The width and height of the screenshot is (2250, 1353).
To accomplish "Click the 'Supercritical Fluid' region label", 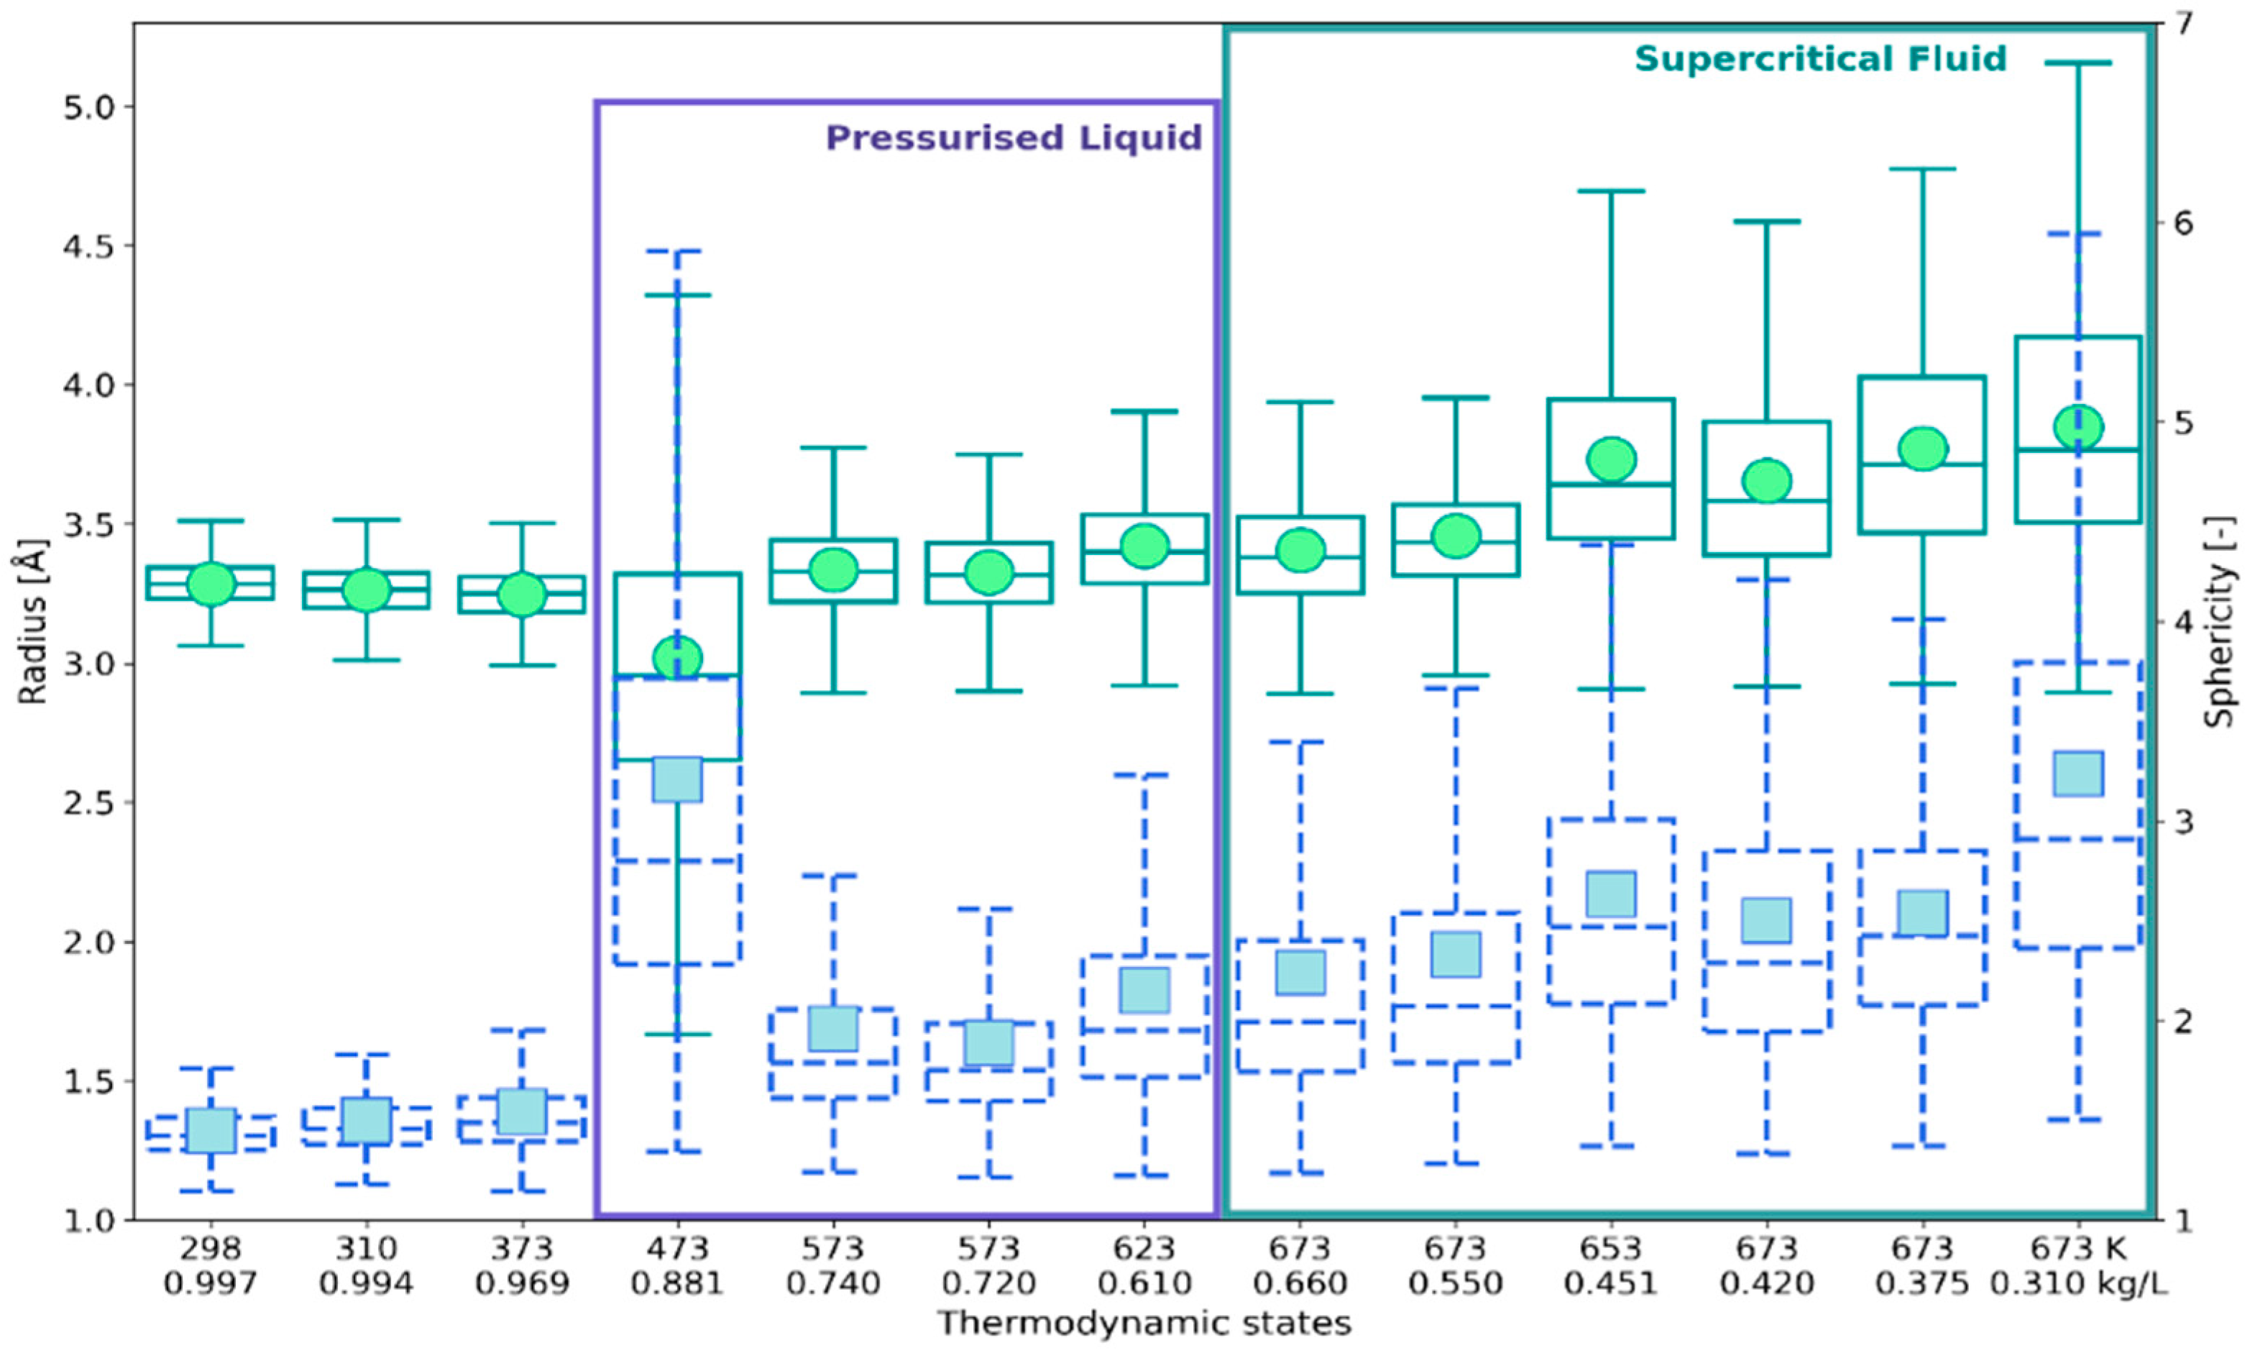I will pyautogui.click(x=1821, y=59).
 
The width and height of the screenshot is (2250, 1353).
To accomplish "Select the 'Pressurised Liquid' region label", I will pyautogui.click(x=1014, y=137).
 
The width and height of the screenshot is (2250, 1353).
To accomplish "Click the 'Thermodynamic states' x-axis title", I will pyautogui.click(x=1144, y=1323).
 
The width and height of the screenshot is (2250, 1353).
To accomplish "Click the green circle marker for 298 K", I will pyautogui.click(x=211, y=584).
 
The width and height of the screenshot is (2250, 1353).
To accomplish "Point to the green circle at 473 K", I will pyautogui.click(x=677, y=657).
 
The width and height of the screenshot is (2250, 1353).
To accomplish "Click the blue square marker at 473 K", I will pyautogui.click(x=677, y=779).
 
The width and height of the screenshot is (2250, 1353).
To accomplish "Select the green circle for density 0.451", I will pyautogui.click(x=1611, y=459).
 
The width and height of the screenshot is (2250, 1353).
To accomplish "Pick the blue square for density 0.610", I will pyautogui.click(x=1144, y=990).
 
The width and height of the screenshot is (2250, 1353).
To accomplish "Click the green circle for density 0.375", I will pyautogui.click(x=1923, y=449).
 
